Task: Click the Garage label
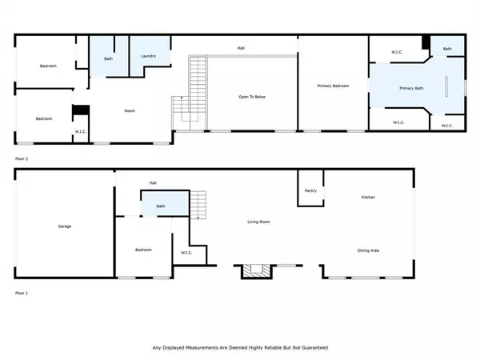[x=64, y=226]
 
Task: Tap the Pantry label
[x=311, y=190]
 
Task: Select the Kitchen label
[x=368, y=197]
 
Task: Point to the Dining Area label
[x=368, y=250]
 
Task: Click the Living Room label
[x=258, y=222]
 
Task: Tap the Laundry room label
[x=147, y=56]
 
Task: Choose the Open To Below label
[x=252, y=97]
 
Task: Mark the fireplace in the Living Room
[x=256, y=271]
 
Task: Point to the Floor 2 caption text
[x=21, y=159]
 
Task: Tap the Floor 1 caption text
[x=21, y=294]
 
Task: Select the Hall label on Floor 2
[x=241, y=48]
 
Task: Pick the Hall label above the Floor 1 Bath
[x=153, y=182]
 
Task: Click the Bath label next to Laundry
[x=108, y=58]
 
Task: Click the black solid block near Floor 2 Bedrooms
[x=78, y=112]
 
